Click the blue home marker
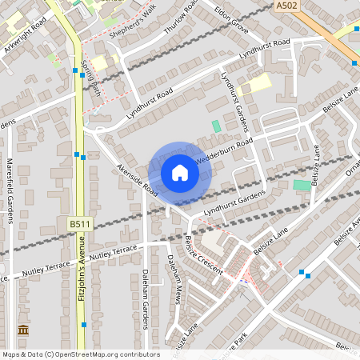tap(180, 172)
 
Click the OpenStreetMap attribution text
tap(80, 354)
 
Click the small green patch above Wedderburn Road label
tap(216, 126)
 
